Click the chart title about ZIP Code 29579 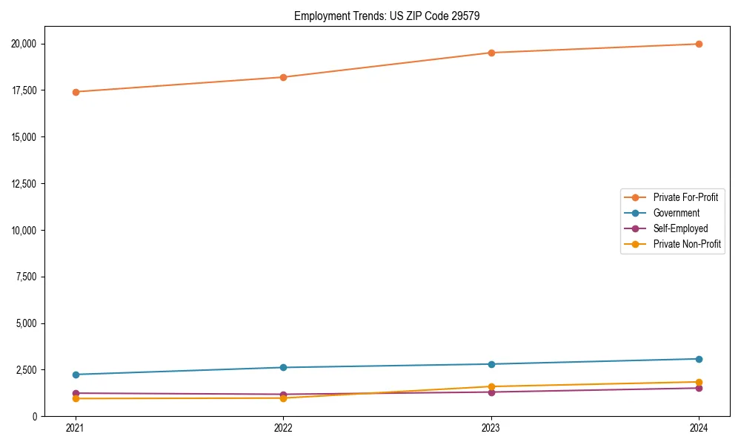coord(387,16)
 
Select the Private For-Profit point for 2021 coord(76,92)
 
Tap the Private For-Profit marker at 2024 coord(699,44)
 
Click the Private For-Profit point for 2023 coord(491,53)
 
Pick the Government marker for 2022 coord(283,368)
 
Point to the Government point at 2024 coord(699,359)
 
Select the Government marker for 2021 coord(76,375)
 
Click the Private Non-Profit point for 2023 coord(491,386)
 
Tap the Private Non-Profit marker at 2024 coord(699,382)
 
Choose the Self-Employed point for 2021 coord(76,393)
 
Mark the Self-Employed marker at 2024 coord(699,388)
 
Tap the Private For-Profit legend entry coord(685,197)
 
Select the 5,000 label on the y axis coord(29,323)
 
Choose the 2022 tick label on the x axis coord(283,428)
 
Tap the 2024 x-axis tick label coord(699,428)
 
